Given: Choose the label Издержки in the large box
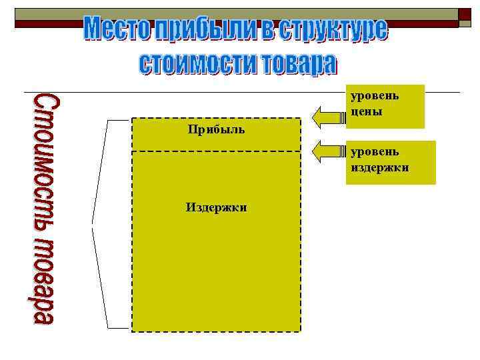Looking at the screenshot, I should (216, 208).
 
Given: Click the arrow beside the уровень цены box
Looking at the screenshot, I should (327, 117).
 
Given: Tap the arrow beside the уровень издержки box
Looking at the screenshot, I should (327, 151).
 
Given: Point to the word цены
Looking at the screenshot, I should (367, 112).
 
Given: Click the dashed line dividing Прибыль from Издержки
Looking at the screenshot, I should (216, 151).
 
